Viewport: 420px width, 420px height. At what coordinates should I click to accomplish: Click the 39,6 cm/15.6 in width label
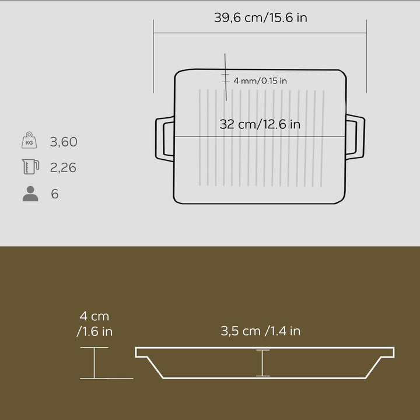click(x=260, y=17)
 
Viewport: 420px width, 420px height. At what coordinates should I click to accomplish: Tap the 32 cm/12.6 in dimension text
click(x=260, y=124)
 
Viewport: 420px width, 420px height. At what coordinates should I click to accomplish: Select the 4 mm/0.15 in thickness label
click(x=260, y=80)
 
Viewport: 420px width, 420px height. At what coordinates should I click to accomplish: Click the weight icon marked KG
click(x=29, y=141)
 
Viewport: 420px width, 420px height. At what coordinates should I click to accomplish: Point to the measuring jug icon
click(x=30, y=167)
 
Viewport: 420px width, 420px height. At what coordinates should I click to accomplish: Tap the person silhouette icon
click(x=30, y=194)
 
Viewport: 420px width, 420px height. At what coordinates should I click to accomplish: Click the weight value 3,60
click(x=64, y=142)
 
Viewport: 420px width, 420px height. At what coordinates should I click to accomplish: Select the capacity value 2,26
click(x=63, y=168)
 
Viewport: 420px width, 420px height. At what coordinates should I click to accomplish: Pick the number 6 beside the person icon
click(x=55, y=194)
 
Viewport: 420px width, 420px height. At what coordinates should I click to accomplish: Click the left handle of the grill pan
click(x=163, y=138)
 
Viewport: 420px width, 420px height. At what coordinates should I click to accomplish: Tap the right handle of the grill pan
click(x=356, y=138)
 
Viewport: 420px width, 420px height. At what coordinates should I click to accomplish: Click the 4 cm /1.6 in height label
click(x=94, y=324)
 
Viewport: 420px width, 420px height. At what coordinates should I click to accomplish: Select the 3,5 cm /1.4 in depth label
click(x=260, y=331)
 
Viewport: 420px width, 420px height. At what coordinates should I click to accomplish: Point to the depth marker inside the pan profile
click(x=262, y=363)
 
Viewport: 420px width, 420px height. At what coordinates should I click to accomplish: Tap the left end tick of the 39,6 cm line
click(x=154, y=55)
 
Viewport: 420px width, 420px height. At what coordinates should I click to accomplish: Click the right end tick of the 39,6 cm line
click(x=366, y=55)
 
